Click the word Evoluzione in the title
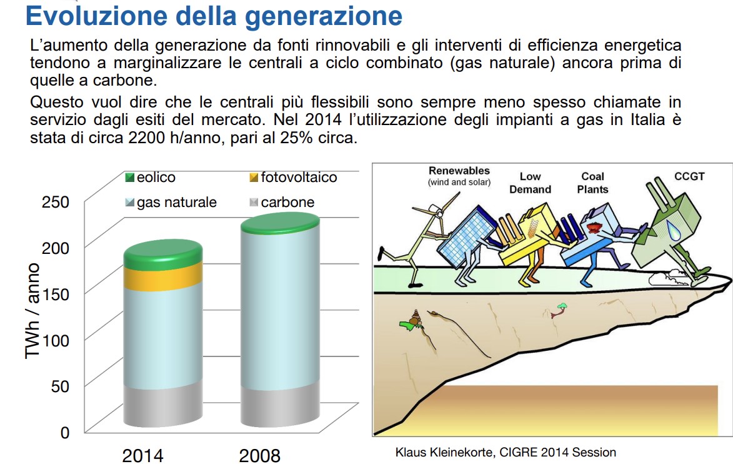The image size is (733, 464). [x=96, y=16]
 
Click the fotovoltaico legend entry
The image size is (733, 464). [x=293, y=177]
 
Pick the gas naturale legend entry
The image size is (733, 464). [x=171, y=202]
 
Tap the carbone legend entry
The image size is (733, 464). [x=282, y=202]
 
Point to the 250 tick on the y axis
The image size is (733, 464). [x=56, y=202]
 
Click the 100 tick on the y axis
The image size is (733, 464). [x=56, y=340]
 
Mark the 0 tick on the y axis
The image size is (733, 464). [x=65, y=432]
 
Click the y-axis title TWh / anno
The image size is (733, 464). [x=32, y=311]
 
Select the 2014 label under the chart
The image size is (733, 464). [x=142, y=456]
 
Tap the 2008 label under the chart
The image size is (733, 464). [x=259, y=456]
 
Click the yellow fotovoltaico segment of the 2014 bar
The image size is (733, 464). [x=162, y=277]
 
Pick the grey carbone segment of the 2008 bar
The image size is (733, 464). [x=281, y=405]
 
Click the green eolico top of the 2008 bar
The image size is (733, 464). [x=281, y=223]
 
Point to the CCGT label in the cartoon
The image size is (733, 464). [x=689, y=176]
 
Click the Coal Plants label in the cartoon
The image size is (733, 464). [x=593, y=183]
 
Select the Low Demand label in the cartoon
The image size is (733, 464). [x=530, y=183]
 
